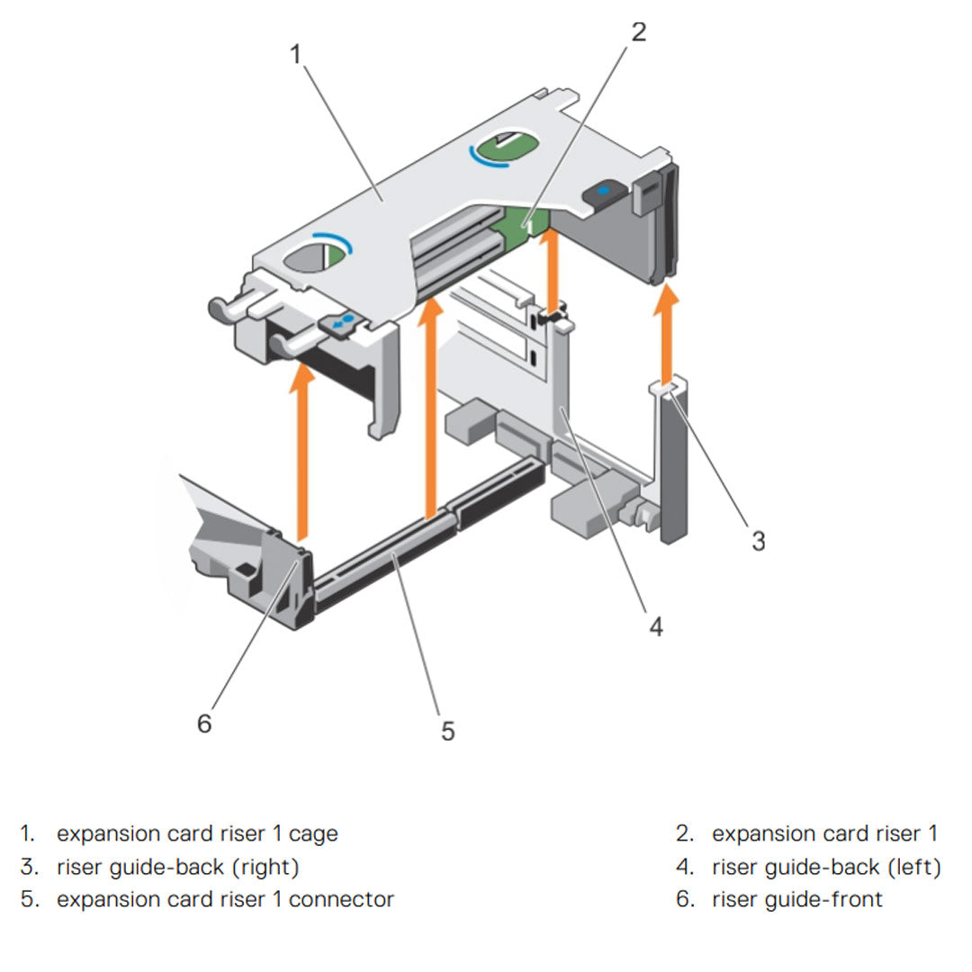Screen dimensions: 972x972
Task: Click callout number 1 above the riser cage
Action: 295,55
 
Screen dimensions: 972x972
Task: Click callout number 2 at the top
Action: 638,32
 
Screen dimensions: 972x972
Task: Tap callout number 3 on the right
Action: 758,540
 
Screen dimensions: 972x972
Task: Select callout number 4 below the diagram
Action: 656,625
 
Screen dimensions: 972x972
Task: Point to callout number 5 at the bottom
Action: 447,731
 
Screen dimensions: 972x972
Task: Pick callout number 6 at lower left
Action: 204,722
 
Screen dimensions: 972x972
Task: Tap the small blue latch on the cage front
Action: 343,320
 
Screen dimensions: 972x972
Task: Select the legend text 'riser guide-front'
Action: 796,898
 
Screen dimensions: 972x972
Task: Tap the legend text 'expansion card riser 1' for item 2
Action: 823,834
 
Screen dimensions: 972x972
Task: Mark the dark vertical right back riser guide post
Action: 672,468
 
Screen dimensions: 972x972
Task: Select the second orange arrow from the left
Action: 434,405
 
